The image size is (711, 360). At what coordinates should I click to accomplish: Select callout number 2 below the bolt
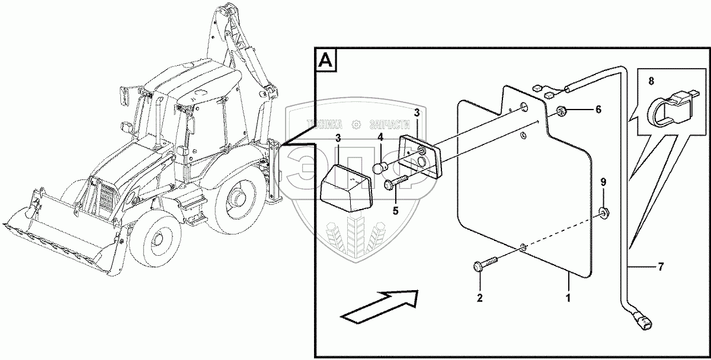click(480, 297)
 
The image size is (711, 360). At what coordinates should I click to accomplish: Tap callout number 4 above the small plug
click(381, 137)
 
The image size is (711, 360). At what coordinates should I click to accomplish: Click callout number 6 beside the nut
click(598, 110)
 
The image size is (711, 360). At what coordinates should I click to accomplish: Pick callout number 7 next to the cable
click(660, 268)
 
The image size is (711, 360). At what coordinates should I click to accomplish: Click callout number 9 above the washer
click(603, 181)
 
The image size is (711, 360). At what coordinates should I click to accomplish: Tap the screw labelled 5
click(398, 182)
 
